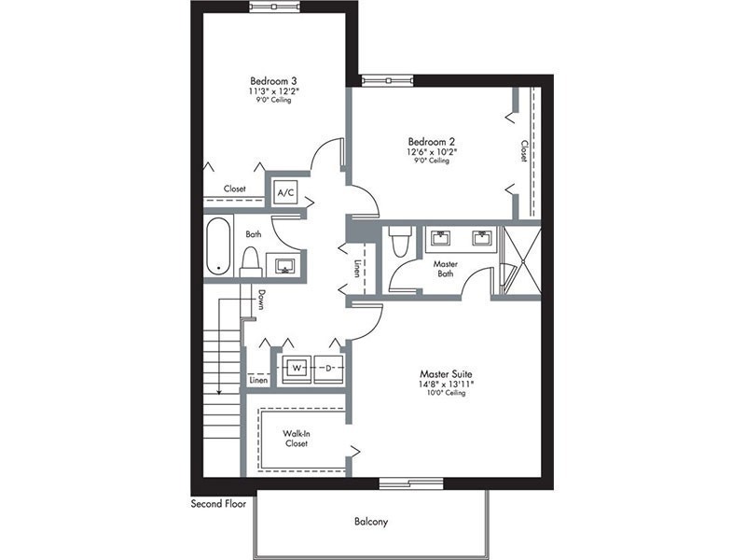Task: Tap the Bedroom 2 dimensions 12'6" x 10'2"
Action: (x=432, y=151)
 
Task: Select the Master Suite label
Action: (x=446, y=374)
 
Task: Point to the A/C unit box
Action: (x=286, y=193)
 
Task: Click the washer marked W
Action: (x=297, y=368)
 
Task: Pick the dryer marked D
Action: (x=328, y=368)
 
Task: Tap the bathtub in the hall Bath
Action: (x=219, y=246)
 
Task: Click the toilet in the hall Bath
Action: (x=251, y=262)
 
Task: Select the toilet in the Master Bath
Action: (x=398, y=241)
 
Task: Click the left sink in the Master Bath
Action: (x=440, y=237)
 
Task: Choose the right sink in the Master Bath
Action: (x=483, y=237)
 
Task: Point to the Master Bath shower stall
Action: (x=522, y=260)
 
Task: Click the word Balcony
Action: (x=371, y=522)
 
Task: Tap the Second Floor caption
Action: (x=218, y=503)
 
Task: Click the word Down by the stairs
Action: (x=261, y=300)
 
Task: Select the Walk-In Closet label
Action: (x=297, y=439)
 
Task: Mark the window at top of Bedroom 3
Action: (x=274, y=7)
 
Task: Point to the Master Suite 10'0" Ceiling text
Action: (x=447, y=393)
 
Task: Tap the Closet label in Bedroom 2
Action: (x=524, y=151)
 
